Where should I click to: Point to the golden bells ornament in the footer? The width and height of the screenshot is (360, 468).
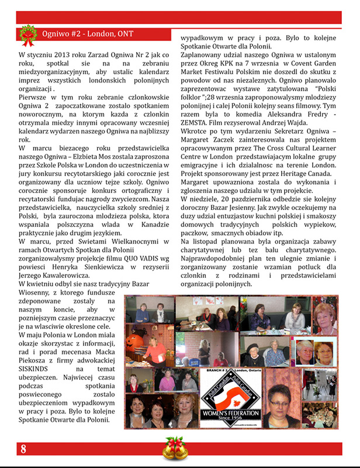[x=174, y=449]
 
